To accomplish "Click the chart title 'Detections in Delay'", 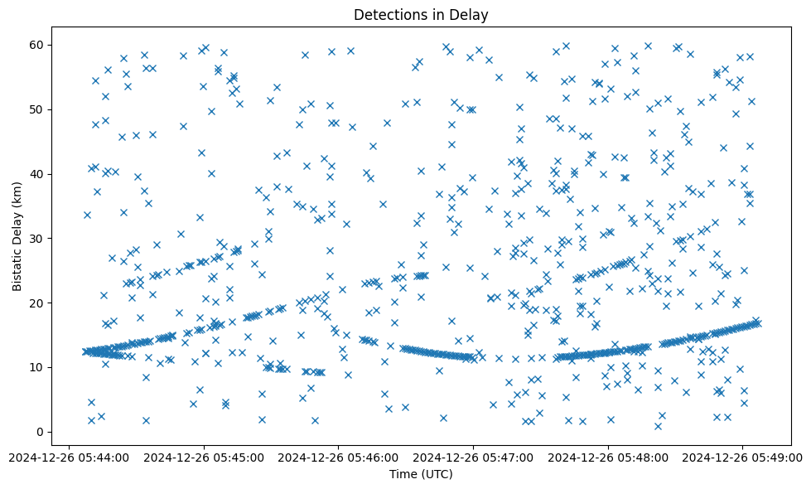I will [x=421, y=15].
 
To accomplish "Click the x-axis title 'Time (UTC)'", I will [x=421, y=475].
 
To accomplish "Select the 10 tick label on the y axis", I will [x=37, y=367].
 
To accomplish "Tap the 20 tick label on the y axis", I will [x=37, y=303].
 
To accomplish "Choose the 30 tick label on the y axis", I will [x=37, y=238].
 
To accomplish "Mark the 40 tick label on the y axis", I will [x=37, y=174].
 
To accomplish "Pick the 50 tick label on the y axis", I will [x=37, y=109].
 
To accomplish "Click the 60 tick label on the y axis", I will [x=37, y=45].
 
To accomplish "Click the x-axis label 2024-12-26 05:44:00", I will [x=70, y=457].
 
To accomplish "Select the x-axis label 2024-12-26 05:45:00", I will [x=204, y=457].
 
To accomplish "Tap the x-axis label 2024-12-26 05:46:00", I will [x=339, y=457].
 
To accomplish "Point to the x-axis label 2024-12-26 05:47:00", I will [x=473, y=457].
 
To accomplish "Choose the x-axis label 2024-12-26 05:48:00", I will [x=608, y=457].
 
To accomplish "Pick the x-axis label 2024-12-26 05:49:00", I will [x=742, y=457].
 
